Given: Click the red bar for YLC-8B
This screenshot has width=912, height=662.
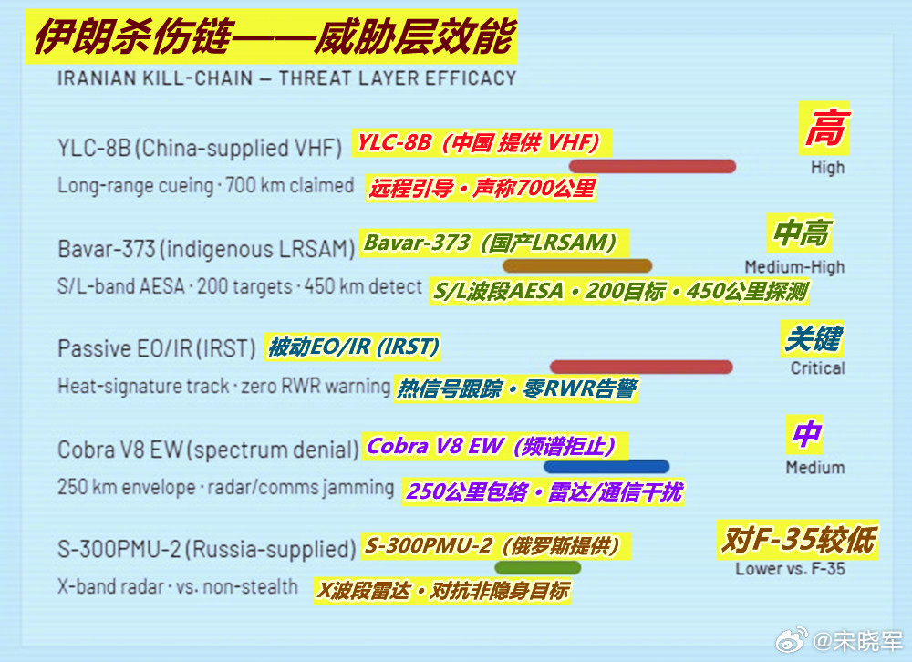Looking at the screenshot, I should [x=652, y=166].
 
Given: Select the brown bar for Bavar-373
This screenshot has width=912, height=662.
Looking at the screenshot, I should [x=577, y=266].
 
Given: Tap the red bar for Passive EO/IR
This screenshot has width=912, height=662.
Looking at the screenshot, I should [x=641, y=367].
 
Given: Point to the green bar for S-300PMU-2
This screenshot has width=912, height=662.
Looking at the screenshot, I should [x=551, y=567].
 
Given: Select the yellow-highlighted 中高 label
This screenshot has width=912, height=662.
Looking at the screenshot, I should [x=801, y=233].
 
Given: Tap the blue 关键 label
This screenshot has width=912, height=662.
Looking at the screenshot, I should [x=812, y=340].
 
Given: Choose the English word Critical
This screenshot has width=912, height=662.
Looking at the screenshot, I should [x=817, y=368].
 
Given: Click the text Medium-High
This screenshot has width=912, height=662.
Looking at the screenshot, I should [x=794, y=267].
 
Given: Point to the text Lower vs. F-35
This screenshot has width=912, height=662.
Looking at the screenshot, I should [x=790, y=569].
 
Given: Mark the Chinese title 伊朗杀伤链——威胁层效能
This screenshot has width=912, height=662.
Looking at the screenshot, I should [x=274, y=38].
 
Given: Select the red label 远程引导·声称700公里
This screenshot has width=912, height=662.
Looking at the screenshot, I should [x=482, y=189].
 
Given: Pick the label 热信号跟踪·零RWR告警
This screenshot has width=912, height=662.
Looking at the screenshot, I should [x=515, y=389].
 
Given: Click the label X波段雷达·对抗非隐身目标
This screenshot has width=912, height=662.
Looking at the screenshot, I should [x=442, y=591].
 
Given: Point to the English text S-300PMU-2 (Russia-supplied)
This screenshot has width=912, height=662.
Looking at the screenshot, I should [x=206, y=550].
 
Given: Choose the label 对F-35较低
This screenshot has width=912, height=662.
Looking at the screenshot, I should [x=797, y=541].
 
